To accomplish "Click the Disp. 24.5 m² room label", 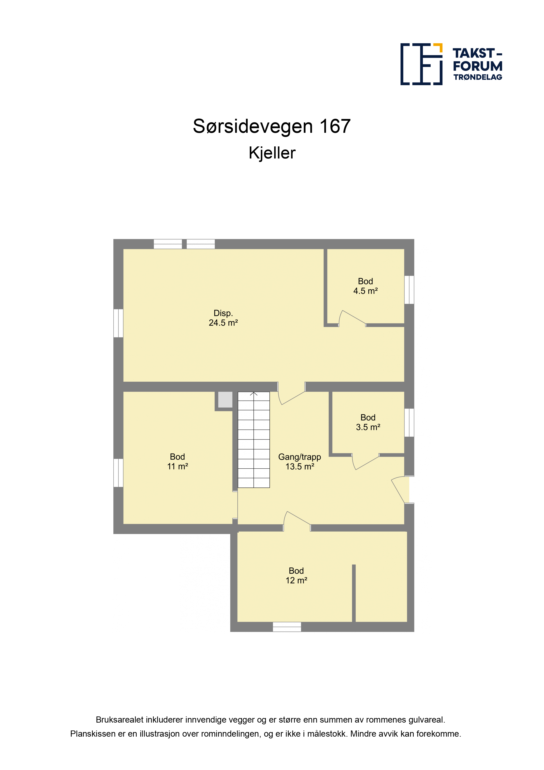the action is point(223,318).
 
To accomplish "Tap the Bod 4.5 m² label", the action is point(365,286).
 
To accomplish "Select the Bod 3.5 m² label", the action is point(368,422).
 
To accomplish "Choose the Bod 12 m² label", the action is point(296,576).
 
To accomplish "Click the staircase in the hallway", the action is point(254,440).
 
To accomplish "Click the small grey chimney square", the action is point(225,399).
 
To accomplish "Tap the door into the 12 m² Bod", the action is point(297,522).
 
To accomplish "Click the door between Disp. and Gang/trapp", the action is point(291,393).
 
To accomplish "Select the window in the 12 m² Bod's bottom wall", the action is point(287,627).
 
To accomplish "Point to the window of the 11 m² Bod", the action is point(118,473).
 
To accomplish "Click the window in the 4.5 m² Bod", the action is point(409,290).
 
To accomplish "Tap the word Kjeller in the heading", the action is point(272,153).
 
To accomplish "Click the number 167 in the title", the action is point(335,126).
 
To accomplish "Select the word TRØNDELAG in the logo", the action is point(478,77).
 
